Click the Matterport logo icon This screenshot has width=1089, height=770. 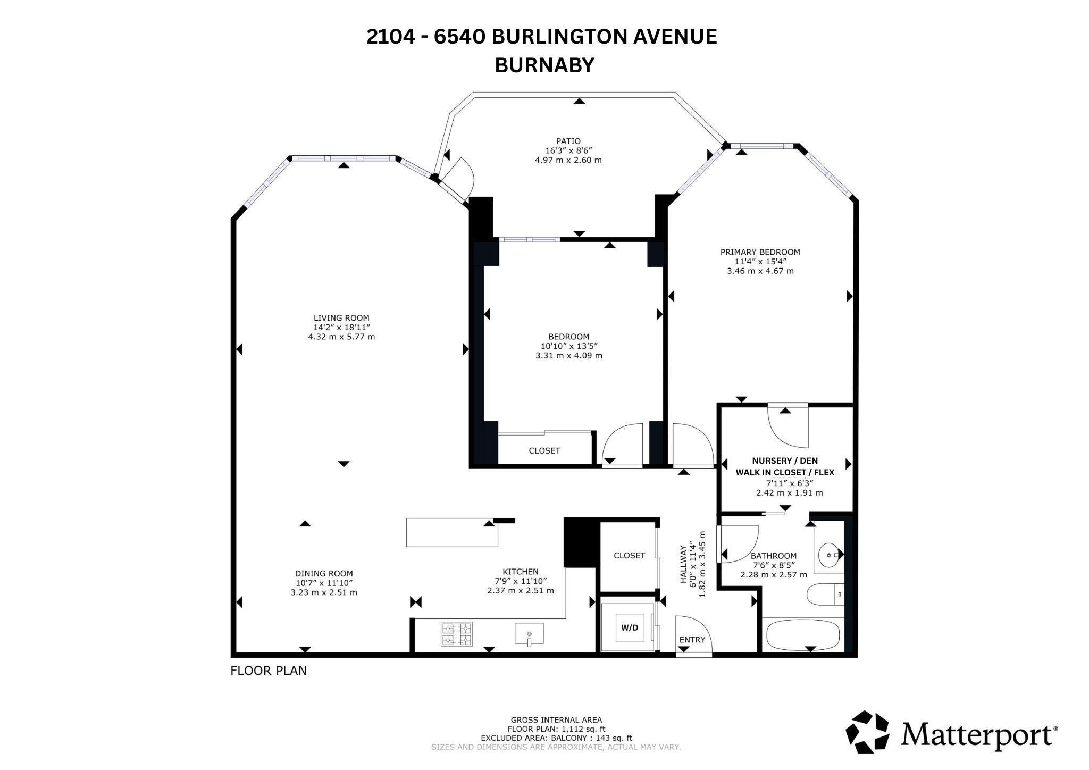click(868, 732)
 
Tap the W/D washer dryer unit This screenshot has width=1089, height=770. click(630, 627)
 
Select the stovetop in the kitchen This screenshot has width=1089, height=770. click(456, 634)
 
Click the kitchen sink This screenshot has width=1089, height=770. click(529, 634)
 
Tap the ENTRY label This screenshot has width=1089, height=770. click(692, 640)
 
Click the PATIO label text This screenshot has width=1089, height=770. click(568, 141)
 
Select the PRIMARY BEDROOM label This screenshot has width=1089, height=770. click(760, 252)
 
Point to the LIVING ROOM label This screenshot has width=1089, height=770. click(341, 318)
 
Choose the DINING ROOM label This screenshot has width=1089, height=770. click(324, 573)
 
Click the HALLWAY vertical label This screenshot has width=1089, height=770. click(683, 564)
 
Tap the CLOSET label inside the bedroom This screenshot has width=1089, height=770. click(544, 450)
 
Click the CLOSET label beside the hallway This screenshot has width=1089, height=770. click(629, 555)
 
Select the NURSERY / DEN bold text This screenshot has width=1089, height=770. click(785, 461)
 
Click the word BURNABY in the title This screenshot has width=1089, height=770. click(544, 65)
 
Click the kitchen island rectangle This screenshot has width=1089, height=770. click(452, 532)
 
